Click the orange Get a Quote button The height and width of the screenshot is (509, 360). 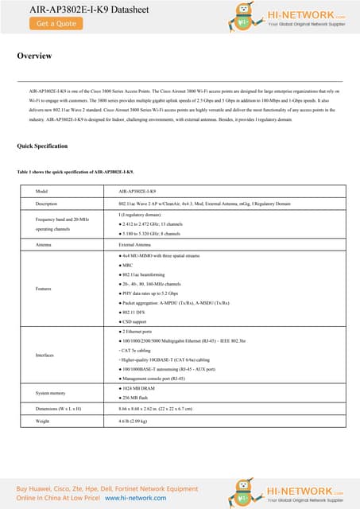point(56,24)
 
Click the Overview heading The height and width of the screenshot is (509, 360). point(34,56)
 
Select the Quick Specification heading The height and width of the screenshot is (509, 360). point(42,147)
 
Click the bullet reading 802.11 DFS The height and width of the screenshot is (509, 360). point(140,313)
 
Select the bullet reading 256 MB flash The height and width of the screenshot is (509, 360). point(141,397)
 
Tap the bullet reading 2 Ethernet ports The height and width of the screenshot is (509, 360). point(143,330)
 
